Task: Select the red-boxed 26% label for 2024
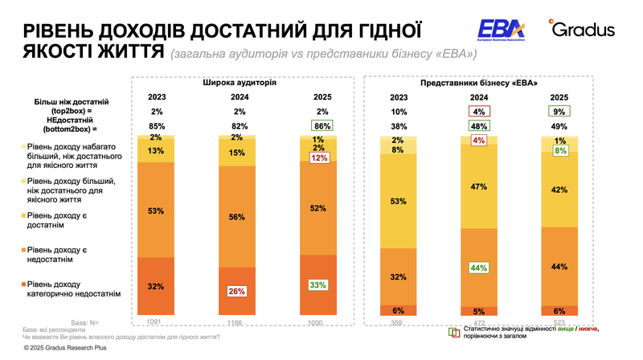pos(236,291)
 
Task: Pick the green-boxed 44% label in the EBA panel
pos(480,268)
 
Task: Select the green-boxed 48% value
pos(480,126)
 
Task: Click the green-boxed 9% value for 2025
pos(560,112)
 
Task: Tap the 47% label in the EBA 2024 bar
pos(480,186)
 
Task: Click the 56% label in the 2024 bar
pos(236,216)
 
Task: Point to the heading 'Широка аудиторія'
pos(239,83)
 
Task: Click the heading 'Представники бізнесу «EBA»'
pos(479,83)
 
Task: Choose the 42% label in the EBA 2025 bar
pos(560,190)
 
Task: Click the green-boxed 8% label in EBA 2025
pos(560,150)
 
